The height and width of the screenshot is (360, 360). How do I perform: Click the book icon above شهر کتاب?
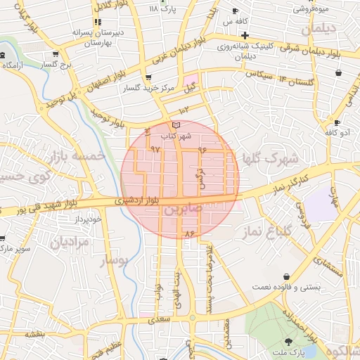point(176,124)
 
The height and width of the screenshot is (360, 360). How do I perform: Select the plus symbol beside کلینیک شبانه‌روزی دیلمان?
point(245,35)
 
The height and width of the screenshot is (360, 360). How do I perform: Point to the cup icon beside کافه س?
point(235,11)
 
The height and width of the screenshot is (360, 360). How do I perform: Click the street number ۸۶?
point(188,233)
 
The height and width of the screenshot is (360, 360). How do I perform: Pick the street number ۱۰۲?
point(185,110)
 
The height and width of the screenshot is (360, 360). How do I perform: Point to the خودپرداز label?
point(88,219)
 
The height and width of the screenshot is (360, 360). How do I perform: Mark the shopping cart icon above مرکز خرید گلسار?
point(147,78)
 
